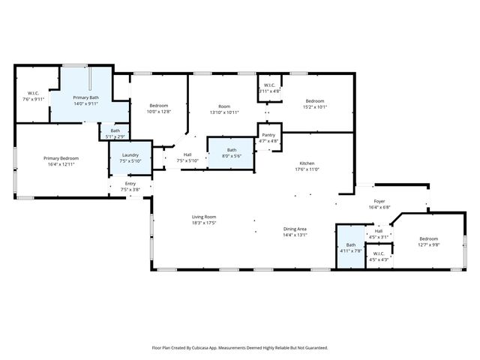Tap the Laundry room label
coord(130,154)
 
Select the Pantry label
coord(268,135)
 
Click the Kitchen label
coord(307,163)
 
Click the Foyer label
coord(379,202)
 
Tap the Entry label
coord(130,183)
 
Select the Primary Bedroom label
coord(61,158)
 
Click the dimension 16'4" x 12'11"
coord(61,164)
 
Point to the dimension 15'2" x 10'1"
coord(314,106)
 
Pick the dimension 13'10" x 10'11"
coord(223,112)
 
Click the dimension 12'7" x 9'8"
coord(428,244)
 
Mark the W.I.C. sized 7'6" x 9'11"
coord(32,95)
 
